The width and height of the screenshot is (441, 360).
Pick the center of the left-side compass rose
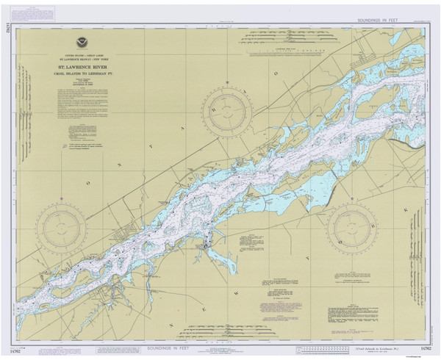(61, 228)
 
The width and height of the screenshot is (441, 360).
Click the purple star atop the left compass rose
(61, 203)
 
